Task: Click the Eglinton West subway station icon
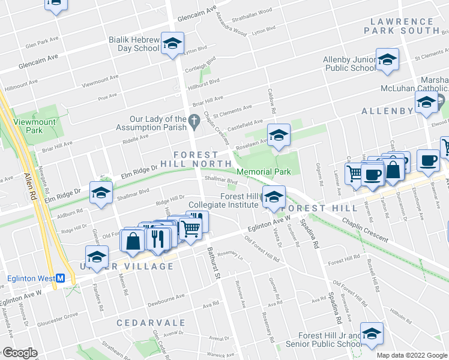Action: (60, 278)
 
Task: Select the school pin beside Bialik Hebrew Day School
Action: (172, 44)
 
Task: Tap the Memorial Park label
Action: (264, 172)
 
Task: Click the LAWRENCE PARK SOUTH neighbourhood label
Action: (401, 25)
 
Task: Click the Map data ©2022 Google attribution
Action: (412, 355)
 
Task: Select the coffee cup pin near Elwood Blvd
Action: (427, 160)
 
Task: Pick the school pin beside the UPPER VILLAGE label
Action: (96, 257)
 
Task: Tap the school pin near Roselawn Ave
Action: (279, 136)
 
